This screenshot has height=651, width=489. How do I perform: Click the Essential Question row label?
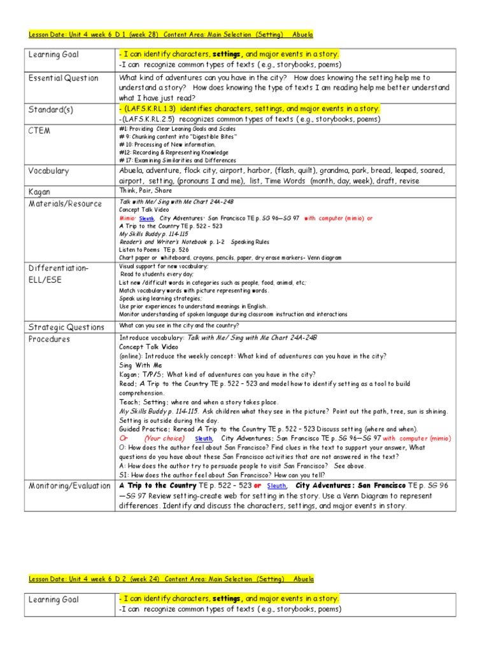pos(63,78)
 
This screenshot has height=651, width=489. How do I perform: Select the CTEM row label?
pos(39,130)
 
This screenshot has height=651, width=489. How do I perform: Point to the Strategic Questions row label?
pos(66,327)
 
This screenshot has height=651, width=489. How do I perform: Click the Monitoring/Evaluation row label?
pos(69,486)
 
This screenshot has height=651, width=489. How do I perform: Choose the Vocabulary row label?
pos(48,171)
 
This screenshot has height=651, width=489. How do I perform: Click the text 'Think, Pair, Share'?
pos(145,191)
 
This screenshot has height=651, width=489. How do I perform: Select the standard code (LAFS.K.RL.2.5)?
pos(154,119)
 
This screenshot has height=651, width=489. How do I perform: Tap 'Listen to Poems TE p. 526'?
pos(155,250)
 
